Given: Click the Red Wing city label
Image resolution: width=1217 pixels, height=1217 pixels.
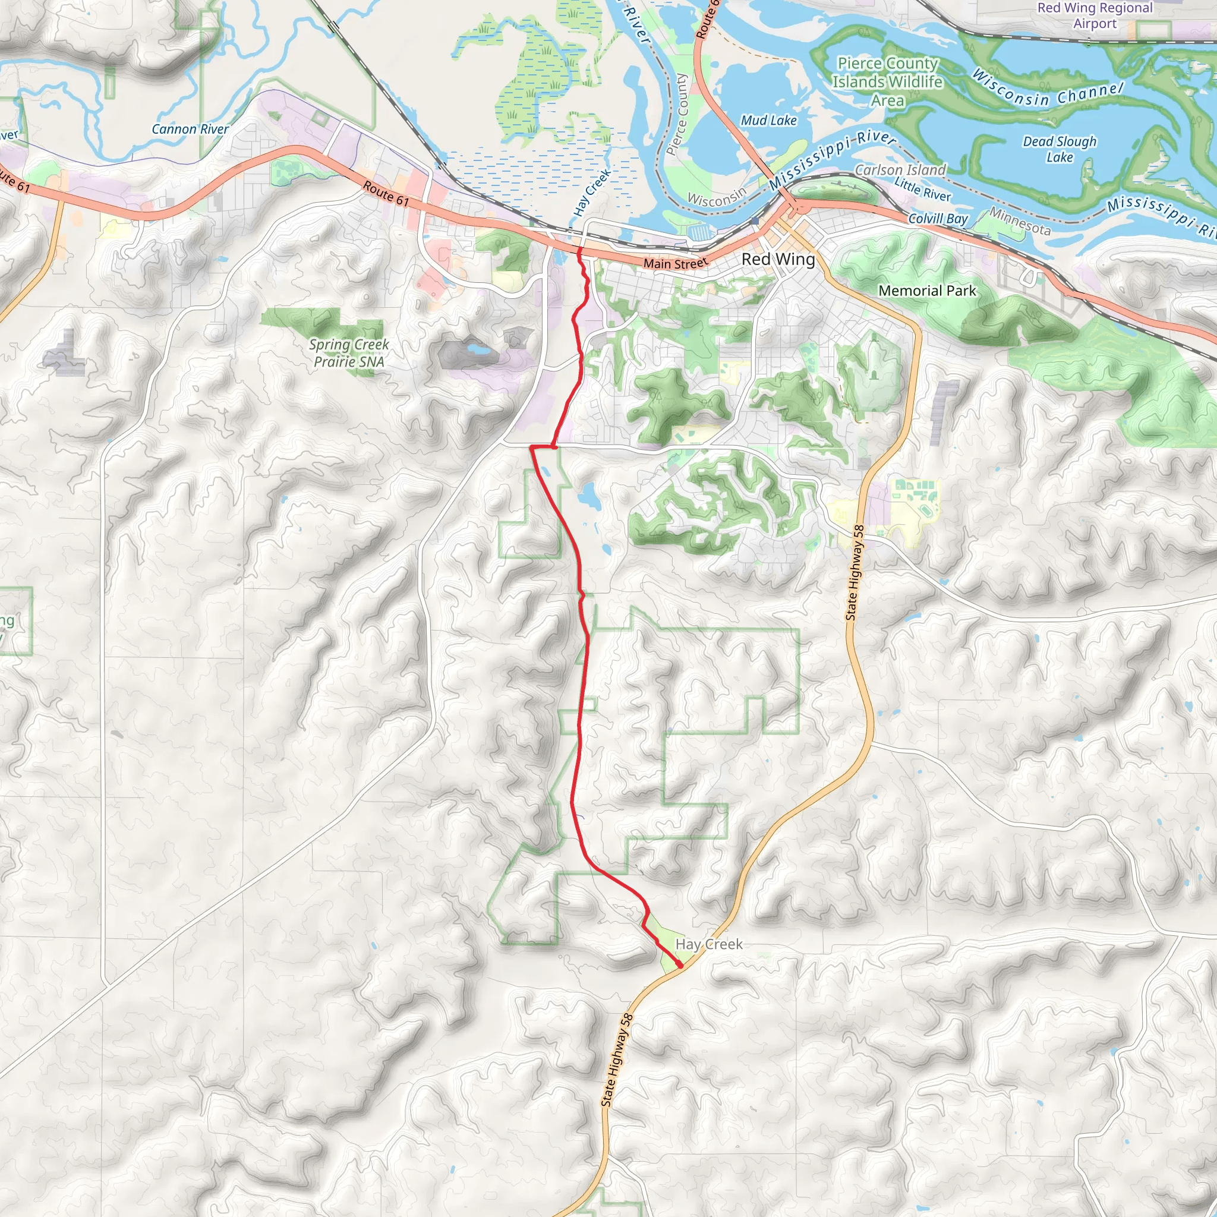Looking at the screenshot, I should tap(778, 259).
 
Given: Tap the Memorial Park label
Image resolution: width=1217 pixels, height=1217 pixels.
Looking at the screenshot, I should tap(926, 291).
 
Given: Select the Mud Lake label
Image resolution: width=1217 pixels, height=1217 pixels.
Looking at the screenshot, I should tap(768, 120).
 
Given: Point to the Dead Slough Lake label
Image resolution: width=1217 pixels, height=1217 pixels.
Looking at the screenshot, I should tap(1060, 149).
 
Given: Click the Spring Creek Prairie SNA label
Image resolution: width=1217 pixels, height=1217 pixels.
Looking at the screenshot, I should tap(349, 353).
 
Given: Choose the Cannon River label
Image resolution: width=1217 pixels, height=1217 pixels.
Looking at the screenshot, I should tap(190, 129).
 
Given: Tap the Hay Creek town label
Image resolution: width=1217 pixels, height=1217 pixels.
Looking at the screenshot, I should tap(709, 944).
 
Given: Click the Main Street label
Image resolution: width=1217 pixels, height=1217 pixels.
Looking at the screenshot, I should tap(675, 263).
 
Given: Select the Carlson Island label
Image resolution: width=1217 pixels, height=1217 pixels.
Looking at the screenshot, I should tap(900, 170).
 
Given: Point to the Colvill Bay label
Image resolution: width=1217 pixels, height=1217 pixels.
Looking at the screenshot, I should tap(937, 219).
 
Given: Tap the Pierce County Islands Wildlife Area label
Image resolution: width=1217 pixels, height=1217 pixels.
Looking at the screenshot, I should tap(888, 81).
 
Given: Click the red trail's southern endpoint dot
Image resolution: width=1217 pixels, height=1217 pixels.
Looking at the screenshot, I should tap(680, 965).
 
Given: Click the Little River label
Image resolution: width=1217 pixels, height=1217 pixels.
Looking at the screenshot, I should tap(922, 190).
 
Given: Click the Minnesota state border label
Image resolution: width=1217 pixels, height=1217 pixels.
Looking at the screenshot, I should tap(1020, 221).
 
